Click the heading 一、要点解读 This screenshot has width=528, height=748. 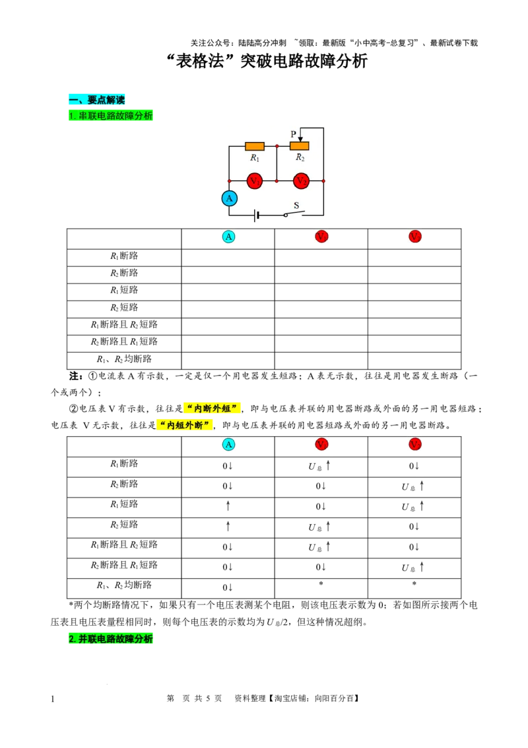tap(96, 100)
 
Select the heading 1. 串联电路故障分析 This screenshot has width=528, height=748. tap(110, 116)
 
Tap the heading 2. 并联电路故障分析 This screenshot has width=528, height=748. tap(110, 639)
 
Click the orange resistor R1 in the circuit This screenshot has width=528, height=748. tap(255, 146)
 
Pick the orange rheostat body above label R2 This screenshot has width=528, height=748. tap(299, 146)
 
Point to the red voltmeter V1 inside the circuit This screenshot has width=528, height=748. tap(255, 181)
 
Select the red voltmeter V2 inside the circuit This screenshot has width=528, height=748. tap(301, 181)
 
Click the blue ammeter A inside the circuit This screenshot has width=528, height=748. tap(229, 198)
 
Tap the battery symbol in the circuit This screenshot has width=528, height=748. tap(256, 215)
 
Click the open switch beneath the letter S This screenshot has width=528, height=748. tap(294, 213)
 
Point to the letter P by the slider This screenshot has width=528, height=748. tap(294, 134)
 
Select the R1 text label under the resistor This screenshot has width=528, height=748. tap(255, 158)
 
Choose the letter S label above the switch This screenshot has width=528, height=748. tap(296, 205)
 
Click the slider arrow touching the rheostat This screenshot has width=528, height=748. tap(300, 139)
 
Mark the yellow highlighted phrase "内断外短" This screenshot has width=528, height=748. tap(212, 408)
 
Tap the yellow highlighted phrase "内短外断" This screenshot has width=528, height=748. tap(185, 426)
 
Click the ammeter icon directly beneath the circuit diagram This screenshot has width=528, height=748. tap(228, 237)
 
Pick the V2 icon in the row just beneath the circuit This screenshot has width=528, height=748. tap(414, 236)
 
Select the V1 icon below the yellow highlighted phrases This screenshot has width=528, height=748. tap(321, 444)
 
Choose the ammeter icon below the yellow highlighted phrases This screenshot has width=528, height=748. tap(228, 444)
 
